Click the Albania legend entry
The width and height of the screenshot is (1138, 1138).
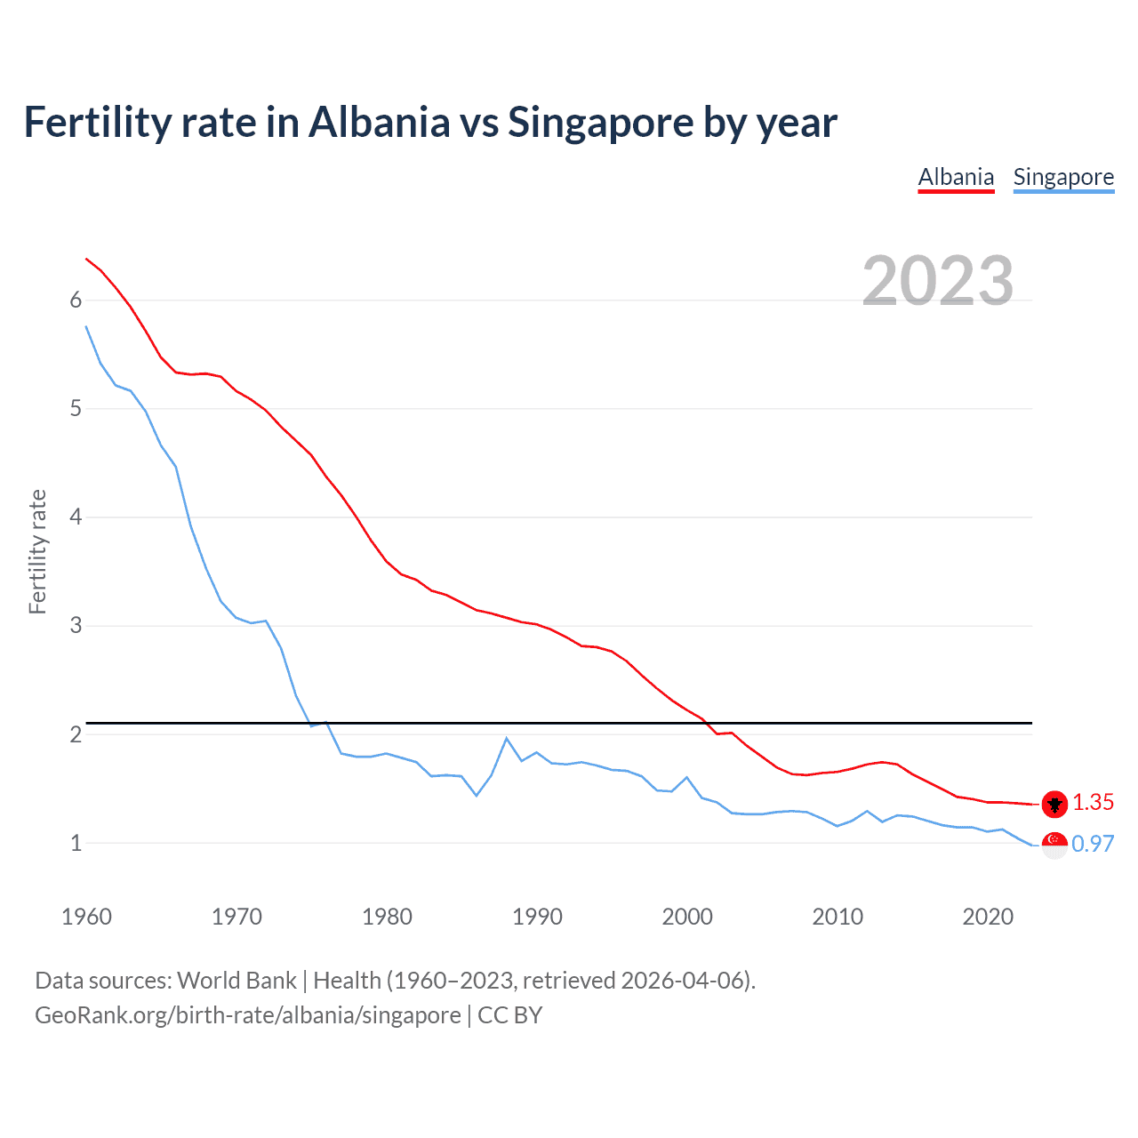[x=956, y=177]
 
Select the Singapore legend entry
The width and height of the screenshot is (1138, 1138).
[x=1063, y=177]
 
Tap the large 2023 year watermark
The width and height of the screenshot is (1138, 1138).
[x=937, y=281]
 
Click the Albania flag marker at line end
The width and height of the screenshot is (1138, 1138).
[x=1054, y=804]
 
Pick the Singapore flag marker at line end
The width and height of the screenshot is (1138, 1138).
[x=1054, y=845]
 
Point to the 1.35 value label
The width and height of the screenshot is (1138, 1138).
[x=1093, y=802]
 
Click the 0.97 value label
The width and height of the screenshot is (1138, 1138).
[x=1093, y=844]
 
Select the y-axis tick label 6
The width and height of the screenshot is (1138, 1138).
[x=76, y=300]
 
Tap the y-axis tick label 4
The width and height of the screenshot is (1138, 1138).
[x=76, y=517]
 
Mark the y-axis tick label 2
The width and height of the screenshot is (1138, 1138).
[x=76, y=734]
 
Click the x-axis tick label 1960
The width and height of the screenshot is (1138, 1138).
[x=86, y=917]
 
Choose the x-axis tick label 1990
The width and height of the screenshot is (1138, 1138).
[x=537, y=917]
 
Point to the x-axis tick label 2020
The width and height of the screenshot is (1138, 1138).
[x=988, y=917]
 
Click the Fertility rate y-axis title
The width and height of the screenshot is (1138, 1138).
[x=37, y=551]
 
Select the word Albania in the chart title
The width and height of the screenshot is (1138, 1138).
[x=380, y=123]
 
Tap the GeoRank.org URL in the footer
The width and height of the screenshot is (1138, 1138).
[x=247, y=1014]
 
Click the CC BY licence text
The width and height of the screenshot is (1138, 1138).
[x=510, y=1014]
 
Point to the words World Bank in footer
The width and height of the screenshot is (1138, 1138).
[x=236, y=980]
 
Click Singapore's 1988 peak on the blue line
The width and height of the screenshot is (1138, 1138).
[x=507, y=738]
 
